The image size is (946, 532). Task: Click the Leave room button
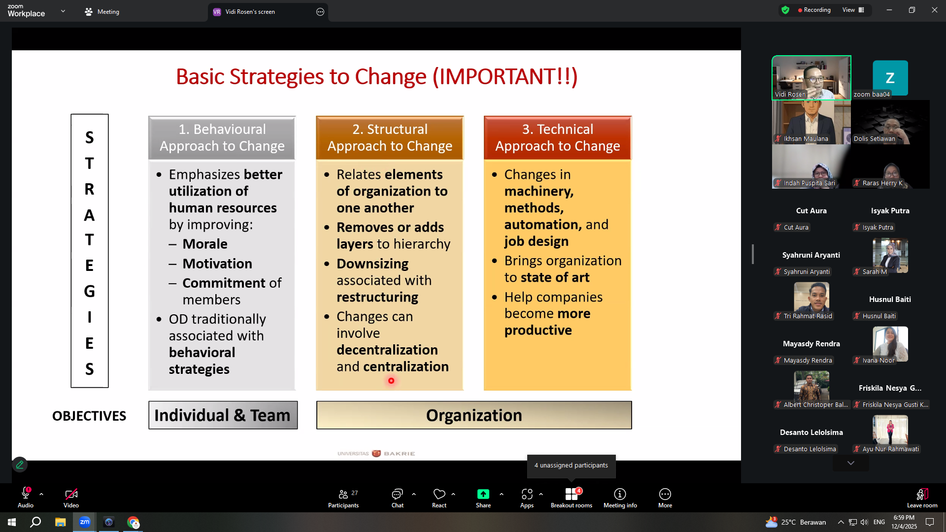pos(922,498)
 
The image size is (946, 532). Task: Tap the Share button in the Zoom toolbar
pos(483,498)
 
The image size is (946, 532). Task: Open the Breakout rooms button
pos(572,498)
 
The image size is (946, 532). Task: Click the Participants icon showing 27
pos(343,498)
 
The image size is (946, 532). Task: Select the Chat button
pos(397,498)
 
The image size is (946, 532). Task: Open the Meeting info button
pos(620,498)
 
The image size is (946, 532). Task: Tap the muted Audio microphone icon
pos(26,493)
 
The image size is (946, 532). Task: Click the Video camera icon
pos(71,494)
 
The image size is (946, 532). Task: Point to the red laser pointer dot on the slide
pos(391,381)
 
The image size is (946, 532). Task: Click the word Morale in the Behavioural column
pos(205,244)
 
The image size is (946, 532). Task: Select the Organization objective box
pos(474,415)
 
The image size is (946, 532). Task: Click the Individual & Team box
pos(223,415)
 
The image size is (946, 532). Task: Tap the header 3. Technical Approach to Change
pos(558,138)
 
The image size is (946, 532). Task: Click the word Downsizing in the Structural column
pos(372,264)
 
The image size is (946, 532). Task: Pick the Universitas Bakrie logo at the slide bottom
pos(376,453)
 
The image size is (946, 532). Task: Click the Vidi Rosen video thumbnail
pos(811,78)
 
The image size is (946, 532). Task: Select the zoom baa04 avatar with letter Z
pos(890,78)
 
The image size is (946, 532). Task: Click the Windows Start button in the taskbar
pos(12,522)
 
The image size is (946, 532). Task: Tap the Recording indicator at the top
pos(814,10)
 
